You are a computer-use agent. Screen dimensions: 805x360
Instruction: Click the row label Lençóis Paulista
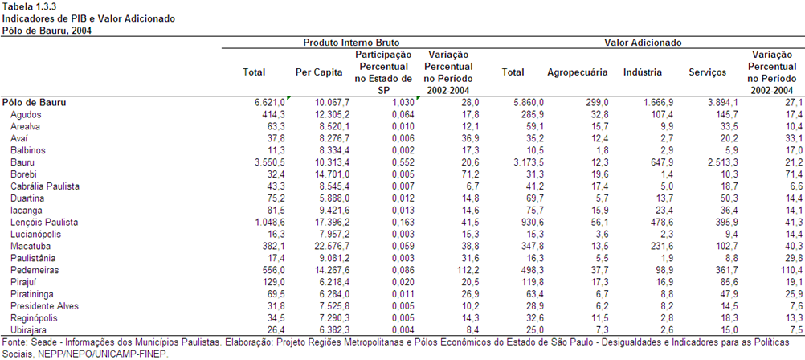point(43,223)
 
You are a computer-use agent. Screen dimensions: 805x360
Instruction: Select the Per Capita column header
point(319,72)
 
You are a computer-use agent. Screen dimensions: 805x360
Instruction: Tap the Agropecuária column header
point(578,72)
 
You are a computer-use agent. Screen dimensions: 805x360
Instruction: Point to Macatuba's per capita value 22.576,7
point(332,247)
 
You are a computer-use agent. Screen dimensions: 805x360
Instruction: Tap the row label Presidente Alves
point(45,306)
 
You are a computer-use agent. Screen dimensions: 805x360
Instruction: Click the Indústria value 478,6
point(661,223)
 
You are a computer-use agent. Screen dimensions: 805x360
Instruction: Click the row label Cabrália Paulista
point(45,186)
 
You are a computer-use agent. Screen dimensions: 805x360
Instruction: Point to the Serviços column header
point(708,72)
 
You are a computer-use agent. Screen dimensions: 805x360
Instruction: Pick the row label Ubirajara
point(29,330)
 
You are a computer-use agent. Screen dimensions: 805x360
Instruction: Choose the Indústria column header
point(642,72)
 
